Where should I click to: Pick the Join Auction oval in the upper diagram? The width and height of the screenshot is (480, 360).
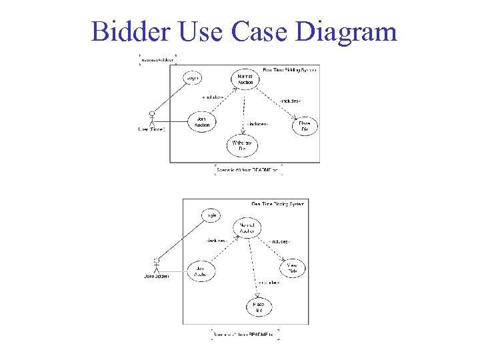pos(202,122)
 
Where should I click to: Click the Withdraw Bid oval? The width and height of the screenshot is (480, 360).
pos(243,145)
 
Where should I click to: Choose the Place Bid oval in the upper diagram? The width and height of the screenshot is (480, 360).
pos(305,126)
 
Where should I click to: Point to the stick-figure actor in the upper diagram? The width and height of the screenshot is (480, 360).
pos(152,117)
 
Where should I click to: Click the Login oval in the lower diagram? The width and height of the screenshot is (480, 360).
pos(211,215)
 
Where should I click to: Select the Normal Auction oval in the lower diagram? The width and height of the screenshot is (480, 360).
pos(247,228)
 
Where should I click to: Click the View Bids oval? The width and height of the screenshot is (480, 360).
pos(292,269)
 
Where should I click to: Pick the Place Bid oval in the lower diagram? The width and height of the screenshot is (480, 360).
pos(259,307)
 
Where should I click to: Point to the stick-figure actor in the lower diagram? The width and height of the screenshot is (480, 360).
pos(157,265)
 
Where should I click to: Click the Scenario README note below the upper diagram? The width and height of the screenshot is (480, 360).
pos(249,171)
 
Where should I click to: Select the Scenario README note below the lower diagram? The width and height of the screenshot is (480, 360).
pos(245,333)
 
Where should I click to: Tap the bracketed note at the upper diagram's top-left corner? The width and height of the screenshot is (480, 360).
pos(157,60)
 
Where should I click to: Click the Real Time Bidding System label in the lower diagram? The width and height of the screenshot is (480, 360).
pos(277,203)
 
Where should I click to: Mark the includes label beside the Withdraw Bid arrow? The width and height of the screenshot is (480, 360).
pos(257,124)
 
